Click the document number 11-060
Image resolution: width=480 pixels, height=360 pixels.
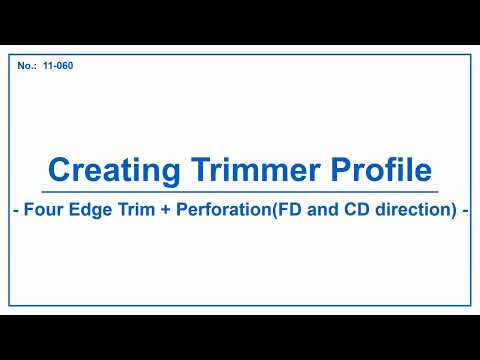(58, 66)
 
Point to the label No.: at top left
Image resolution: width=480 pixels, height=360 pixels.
(27, 66)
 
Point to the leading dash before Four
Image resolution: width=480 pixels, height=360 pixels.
(15, 212)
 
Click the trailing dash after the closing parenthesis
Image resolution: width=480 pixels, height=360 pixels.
(465, 212)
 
